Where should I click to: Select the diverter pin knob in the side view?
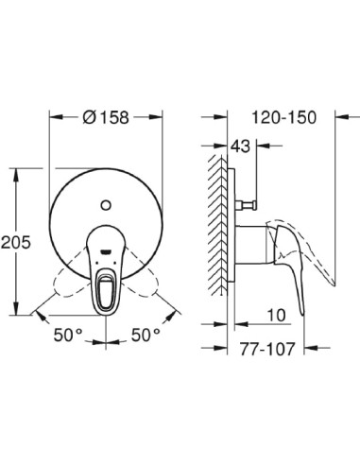[x=252, y=204]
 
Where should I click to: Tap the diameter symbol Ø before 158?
[x=90, y=118]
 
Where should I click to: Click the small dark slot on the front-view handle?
[x=106, y=250]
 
